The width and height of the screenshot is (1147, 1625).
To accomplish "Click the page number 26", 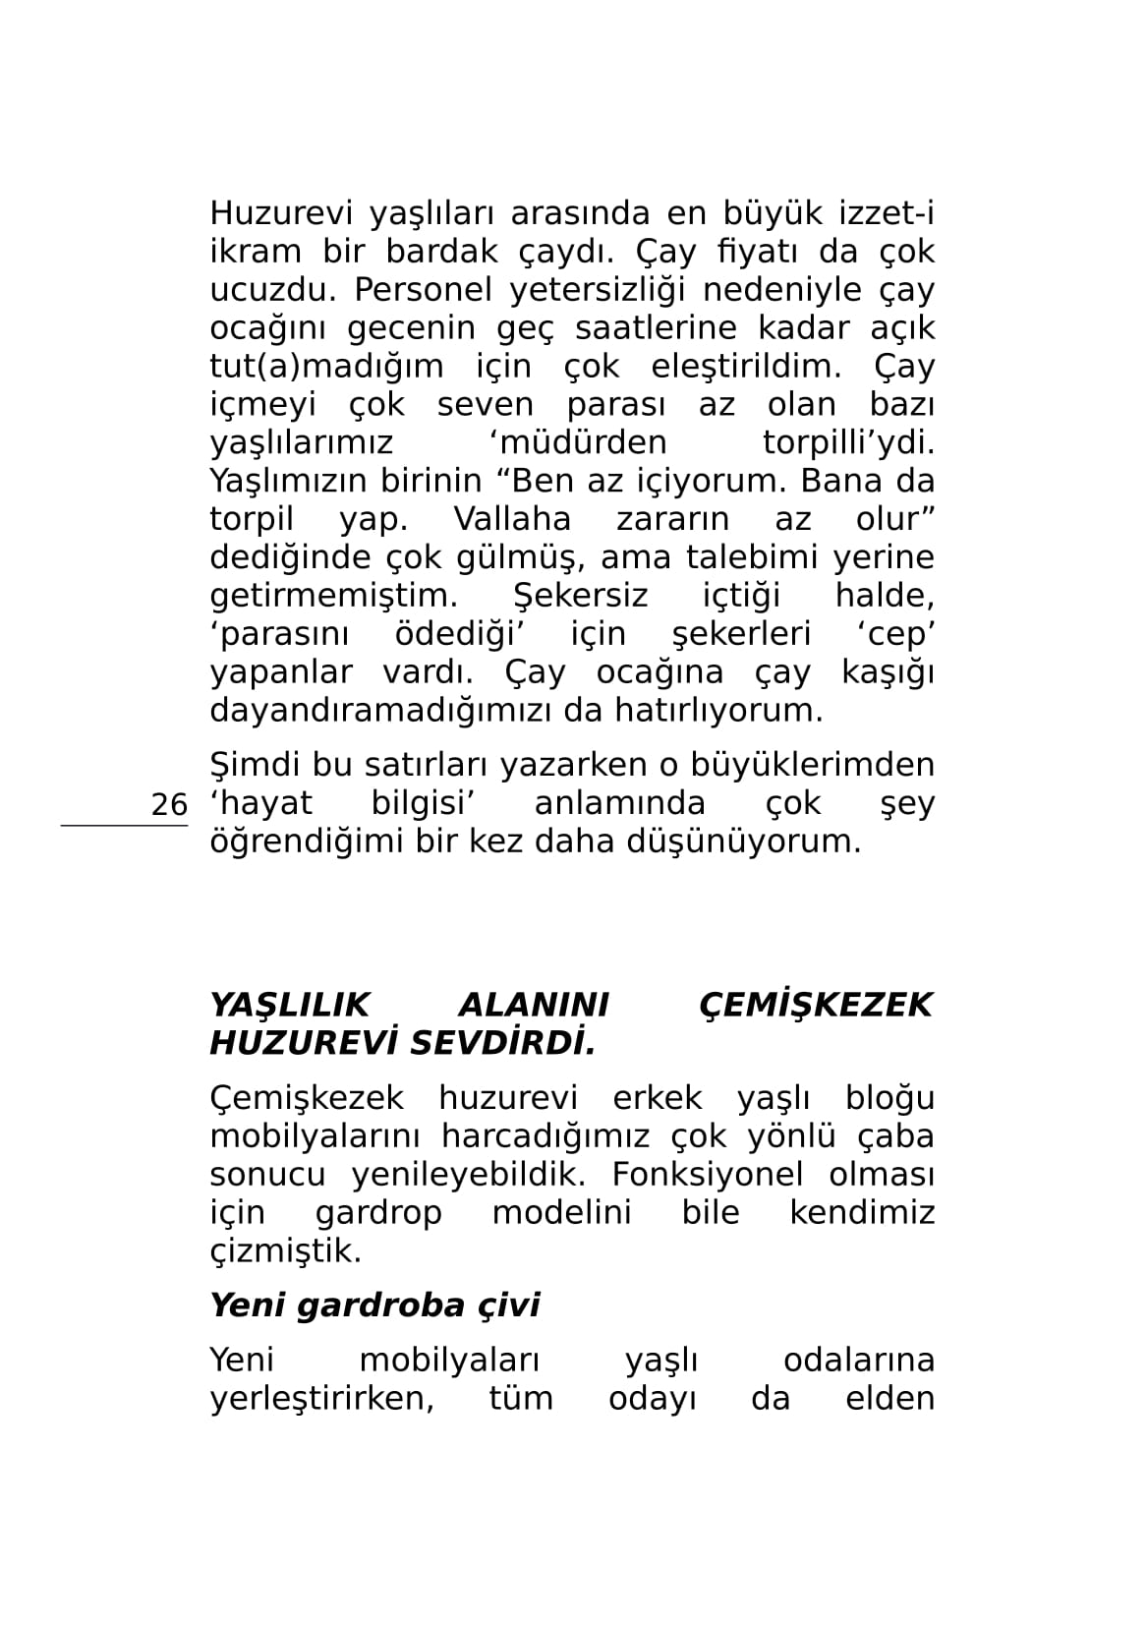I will pos(169,804).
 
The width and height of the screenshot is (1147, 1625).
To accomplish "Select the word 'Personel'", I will pos(423,290).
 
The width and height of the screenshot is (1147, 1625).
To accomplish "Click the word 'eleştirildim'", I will pos(746,366).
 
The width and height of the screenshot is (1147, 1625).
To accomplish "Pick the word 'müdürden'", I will pos(577,442).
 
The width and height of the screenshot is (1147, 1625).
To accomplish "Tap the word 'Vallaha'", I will pos(512,519).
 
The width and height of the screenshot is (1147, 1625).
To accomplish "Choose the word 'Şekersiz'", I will pos(580,596).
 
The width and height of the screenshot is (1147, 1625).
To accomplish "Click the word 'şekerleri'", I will pos(741,634).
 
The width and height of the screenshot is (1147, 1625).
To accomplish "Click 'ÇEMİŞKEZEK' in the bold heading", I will pos(816,1005).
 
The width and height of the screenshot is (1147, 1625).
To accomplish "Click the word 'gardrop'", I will pos(378,1213).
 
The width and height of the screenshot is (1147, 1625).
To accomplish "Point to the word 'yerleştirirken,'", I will pos(322,1398).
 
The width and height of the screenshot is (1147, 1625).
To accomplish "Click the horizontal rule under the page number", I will pos(124,826).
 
